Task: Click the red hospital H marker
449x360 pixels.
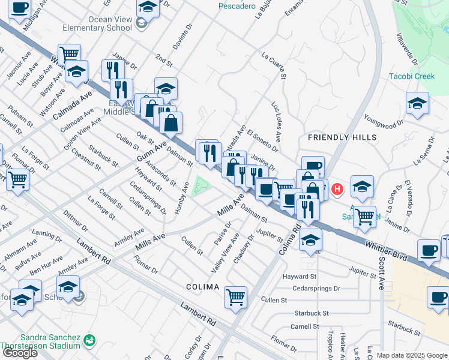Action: [x=337, y=190]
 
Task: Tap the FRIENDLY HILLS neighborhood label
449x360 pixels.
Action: [x=337, y=137]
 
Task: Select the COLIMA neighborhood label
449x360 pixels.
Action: [x=202, y=287]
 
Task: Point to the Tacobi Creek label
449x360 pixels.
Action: [x=412, y=76]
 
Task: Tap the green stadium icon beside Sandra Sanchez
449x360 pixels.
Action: [x=89, y=340]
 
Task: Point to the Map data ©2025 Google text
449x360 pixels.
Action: [x=412, y=355]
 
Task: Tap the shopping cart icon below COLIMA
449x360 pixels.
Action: [x=235, y=296]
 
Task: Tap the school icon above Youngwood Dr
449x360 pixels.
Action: [x=417, y=103]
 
